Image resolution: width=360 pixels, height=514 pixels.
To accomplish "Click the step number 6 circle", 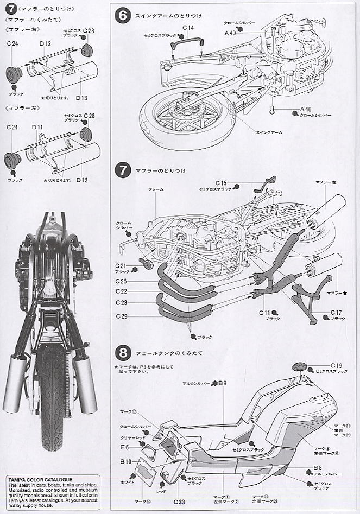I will click(123, 17).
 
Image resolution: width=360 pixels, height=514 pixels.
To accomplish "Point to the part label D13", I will click(82, 98).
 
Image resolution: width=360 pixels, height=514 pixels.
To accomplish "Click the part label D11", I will click(37, 127).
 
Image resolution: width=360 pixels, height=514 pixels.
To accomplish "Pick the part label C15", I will click(220, 183).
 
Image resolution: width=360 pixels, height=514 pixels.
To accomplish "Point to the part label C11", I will click(264, 313).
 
